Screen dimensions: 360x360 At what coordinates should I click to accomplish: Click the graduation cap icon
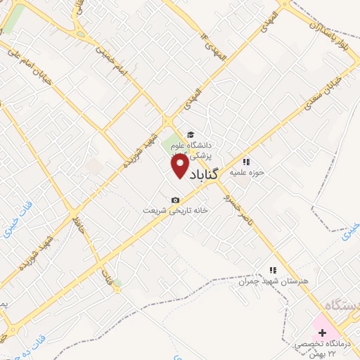pyautogui.click(x=190, y=135)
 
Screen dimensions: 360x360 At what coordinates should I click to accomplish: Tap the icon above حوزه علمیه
pyautogui.click(x=246, y=162)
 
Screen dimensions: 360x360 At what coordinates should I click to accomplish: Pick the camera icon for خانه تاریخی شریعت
pyautogui.click(x=176, y=200)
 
